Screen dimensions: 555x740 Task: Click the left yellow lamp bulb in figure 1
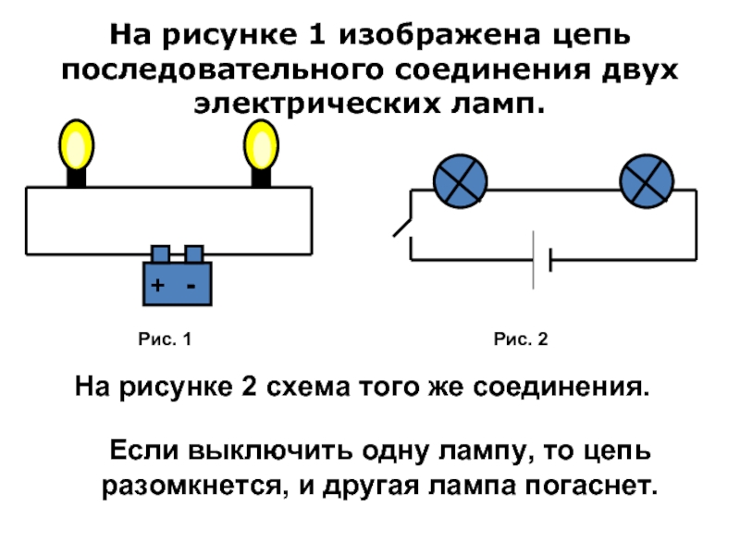77,144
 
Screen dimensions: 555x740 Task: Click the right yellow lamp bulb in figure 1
261,144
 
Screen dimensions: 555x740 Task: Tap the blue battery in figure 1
178,282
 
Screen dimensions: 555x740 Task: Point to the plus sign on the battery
158,287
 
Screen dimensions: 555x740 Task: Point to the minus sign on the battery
191,287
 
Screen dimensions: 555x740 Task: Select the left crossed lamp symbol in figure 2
461,179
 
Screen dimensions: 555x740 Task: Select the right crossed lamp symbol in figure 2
646,179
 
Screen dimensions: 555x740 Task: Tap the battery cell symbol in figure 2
541,260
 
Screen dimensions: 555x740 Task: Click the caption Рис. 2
521,340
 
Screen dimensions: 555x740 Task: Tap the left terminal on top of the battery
160,253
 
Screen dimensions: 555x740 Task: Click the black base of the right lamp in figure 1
261,178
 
